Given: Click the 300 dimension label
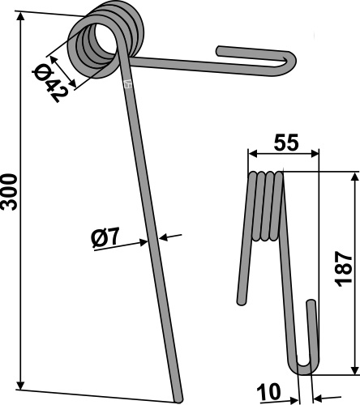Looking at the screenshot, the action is [x=9, y=192].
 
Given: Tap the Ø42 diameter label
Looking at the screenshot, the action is [x=49, y=83].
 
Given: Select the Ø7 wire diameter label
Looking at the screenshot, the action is [x=105, y=237].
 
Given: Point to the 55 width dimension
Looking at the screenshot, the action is [x=286, y=142].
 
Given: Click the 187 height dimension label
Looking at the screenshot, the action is [x=344, y=269].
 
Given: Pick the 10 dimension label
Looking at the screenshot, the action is [x=268, y=392].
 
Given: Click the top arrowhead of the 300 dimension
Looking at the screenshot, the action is [x=20, y=16].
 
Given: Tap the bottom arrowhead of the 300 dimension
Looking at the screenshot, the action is [x=20, y=386].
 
